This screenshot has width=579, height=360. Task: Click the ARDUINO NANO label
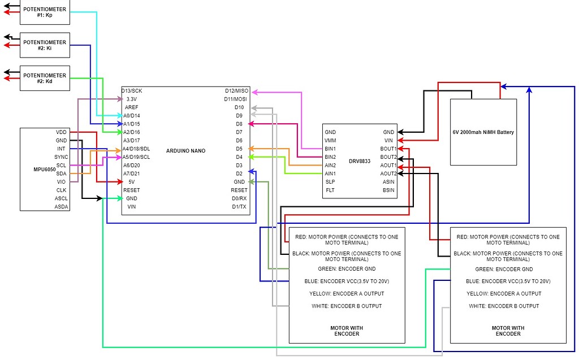point(186,150)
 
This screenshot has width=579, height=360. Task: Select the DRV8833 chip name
point(359,161)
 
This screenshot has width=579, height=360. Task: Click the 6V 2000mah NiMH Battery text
point(483,132)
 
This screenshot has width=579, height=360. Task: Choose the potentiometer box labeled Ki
point(45,46)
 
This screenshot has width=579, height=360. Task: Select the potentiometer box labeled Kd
point(45,79)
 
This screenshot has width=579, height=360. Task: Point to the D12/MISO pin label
point(236,90)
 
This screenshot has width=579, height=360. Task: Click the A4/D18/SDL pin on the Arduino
point(136,149)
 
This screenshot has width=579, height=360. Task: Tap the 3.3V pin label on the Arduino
point(131,99)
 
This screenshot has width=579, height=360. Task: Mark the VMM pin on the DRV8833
point(330,140)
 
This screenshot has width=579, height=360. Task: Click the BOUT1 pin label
point(388,149)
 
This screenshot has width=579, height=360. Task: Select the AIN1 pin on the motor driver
point(330,174)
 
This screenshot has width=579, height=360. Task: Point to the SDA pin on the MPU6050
point(61,174)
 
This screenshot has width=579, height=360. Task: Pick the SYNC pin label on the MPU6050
point(61,157)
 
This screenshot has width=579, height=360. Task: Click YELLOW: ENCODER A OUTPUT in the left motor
point(347,293)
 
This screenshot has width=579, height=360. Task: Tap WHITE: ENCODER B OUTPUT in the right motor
point(504,306)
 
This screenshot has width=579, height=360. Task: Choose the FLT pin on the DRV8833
point(330,190)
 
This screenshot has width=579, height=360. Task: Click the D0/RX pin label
point(239,198)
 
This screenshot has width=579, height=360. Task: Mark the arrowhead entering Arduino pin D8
point(252,123)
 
